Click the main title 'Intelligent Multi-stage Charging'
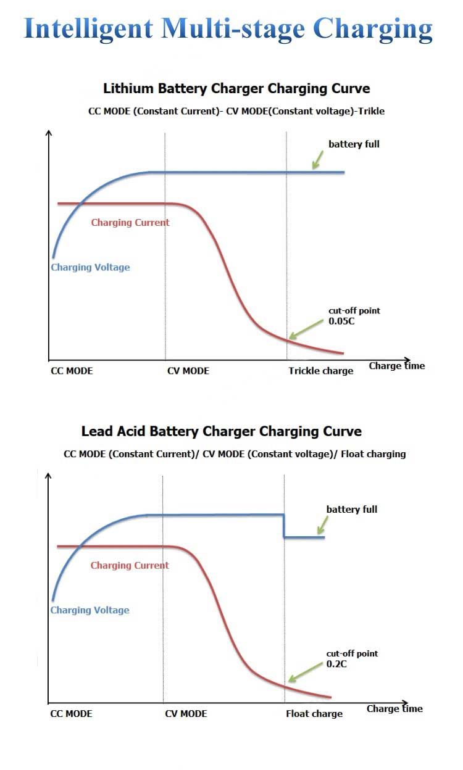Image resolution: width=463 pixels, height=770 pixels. coord(228,29)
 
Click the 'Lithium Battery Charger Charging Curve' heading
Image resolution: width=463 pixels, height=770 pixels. coord(236,88)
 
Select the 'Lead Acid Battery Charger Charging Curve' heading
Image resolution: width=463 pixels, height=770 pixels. coord(222,431)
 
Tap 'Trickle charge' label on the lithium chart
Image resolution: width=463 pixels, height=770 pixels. coord(321,371)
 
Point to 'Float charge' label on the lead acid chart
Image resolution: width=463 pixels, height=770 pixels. coord(314,714)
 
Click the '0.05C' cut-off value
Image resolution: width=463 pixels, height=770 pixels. coord(340,321)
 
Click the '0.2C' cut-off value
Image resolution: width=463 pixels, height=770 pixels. coord(336,664)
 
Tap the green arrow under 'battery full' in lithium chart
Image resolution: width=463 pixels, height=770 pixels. coord(318,160)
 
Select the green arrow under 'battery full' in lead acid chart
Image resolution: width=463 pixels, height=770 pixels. coord(321,525)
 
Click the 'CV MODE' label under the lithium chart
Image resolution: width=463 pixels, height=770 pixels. coord(188,371)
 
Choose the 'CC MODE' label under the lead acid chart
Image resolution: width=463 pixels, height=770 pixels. coord(71,714)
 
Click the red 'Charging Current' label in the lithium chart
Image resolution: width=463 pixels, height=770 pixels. coord(130,222)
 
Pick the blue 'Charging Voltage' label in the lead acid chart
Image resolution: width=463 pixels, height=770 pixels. coord(90,610)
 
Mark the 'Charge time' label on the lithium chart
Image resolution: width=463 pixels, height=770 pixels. coord(397,366)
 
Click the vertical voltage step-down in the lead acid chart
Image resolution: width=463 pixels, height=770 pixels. coord(284,526)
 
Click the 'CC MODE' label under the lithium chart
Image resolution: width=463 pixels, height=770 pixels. coord(72,371)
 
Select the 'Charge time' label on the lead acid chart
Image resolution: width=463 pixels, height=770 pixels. coord(394,708)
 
